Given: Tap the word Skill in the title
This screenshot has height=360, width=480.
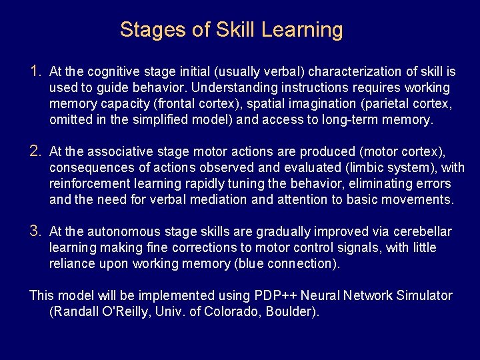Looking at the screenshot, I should (235, 30).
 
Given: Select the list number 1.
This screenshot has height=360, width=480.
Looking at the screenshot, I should (37, 71).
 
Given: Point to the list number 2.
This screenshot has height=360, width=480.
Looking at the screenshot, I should (37, 151).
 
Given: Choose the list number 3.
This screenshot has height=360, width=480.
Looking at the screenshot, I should (37, 231).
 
